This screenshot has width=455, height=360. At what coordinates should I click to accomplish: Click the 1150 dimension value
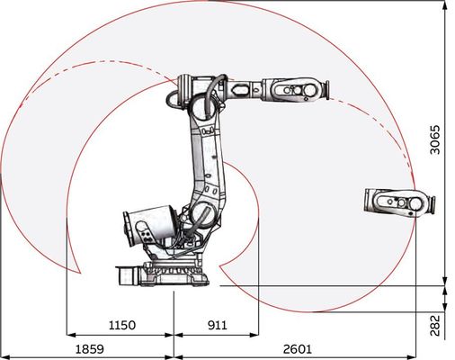pyautogui.click(x=122, y=325)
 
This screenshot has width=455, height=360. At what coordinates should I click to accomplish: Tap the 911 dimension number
pyautogui.click(x=218, y=325)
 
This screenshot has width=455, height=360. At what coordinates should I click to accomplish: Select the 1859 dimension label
pyautogui.click(x=89, y=349)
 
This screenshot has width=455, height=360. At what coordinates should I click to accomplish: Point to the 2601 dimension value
pyautogui.click(x=298, y=349)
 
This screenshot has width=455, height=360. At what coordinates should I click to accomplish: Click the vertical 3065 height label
pyautogui.click(x=435, y=139)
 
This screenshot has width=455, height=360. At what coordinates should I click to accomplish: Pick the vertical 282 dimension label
pyautogui.click(x=435, y=325)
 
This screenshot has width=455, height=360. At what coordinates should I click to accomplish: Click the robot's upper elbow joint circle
pyautogui.click(x=203, y=107)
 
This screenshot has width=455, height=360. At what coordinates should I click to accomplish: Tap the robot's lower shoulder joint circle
pyautogui.click(x=202, y=213)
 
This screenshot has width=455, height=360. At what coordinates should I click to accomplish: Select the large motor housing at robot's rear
pyautogui.click(x=149, y=225)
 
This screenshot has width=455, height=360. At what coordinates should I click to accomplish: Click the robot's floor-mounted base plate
pyautogui.click(x=175, y=274)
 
